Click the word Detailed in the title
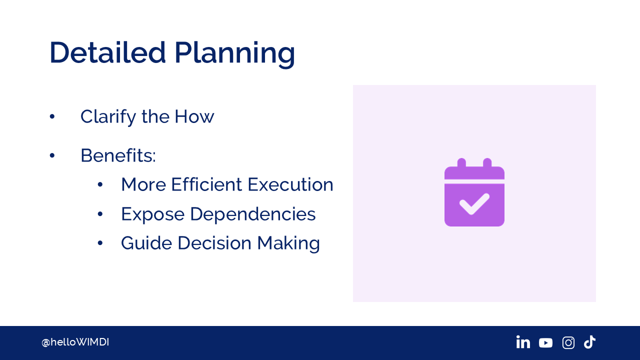click(107, 52)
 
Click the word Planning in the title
click(234, 55)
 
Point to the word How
click(194, 116)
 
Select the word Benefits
click(118, 155)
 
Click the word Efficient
click(206, 184)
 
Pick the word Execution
click(290, 184)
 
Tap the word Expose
click(153, 215)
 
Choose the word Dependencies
click(253, 214)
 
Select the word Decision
click(214, 243)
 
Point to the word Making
click(288, 243)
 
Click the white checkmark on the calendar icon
click(474, 203)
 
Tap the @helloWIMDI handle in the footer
click(75, 342)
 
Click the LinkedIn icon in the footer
click(523, 342)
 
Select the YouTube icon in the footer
click(545, 343)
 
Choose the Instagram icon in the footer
click(568, 342)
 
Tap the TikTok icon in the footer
click(589, 342)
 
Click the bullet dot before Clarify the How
click(52, 116)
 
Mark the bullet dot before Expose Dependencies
click(100, 214)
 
